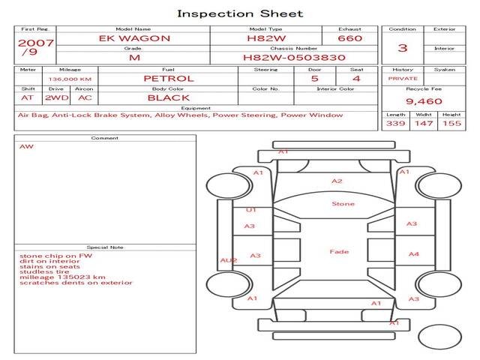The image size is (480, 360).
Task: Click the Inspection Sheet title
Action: [240, 13]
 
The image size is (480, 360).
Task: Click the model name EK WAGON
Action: [135, 38]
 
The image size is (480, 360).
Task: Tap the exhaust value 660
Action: [349, 38]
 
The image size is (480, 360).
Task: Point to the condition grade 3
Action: [403, 48]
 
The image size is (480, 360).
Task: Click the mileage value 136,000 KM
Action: [70, 79]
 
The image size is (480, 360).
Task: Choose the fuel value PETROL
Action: [168, 78]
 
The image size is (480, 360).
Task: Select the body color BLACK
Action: [168, 97]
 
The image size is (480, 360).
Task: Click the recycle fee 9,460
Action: [424, 100]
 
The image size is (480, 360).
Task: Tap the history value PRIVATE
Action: [403, 78]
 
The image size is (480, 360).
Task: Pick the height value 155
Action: [451, 123]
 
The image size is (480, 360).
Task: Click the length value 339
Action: [395, 123]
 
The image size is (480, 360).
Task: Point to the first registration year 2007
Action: [35, 43]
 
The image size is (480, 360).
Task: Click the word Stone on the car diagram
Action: [343, 204]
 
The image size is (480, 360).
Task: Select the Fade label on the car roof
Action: [340, 252]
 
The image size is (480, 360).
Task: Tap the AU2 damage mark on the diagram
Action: [228, 260]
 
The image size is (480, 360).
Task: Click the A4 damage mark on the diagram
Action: [413, 254]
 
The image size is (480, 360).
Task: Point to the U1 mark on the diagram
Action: [251, 210]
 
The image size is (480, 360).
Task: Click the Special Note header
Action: [105, 247]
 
